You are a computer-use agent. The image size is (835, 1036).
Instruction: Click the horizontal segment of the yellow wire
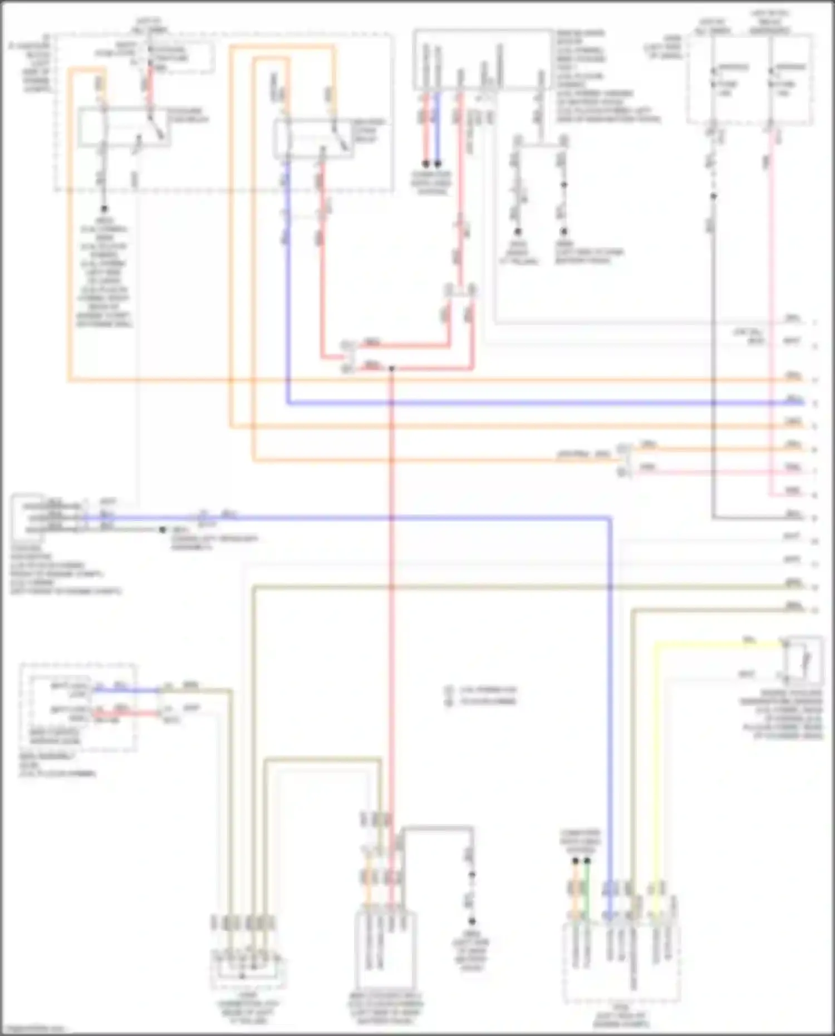(x=718, y=645)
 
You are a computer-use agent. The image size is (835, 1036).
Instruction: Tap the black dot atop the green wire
(x=587, y=861)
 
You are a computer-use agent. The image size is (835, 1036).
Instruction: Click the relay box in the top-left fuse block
(x=124, y=127)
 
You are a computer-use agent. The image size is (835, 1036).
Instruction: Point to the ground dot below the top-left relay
(x=104, y=209)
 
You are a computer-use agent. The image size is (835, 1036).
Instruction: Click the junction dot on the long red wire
(x=391, y=369)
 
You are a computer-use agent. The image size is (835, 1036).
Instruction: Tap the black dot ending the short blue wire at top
(x=438, y=164)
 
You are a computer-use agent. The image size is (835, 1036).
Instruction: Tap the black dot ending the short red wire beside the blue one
(x=426, y=164)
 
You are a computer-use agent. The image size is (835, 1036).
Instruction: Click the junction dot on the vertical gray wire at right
(x=713, y=196)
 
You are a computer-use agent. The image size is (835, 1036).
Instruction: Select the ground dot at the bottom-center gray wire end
(x=471, y=921)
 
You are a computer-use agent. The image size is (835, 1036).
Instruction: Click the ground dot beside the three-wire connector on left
(x=163, y=530)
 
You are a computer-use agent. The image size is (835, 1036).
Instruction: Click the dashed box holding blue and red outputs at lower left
(x=78, y=707)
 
